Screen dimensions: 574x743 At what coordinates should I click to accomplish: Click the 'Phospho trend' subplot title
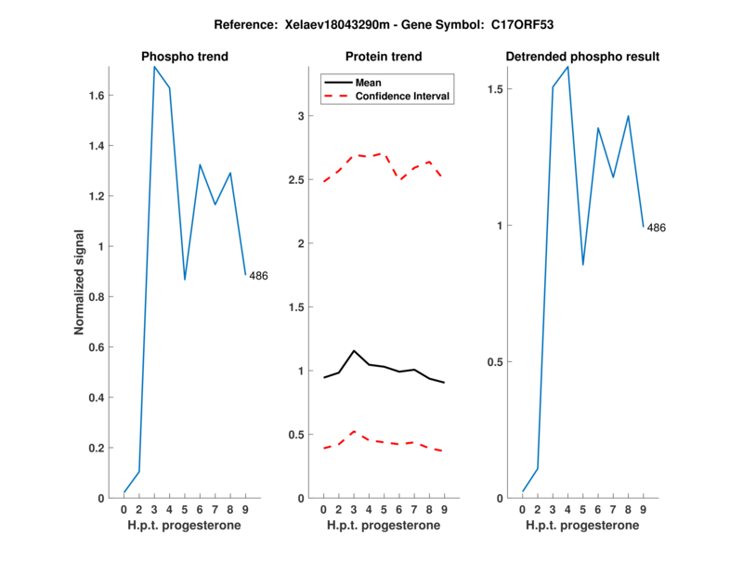tap(185, 57)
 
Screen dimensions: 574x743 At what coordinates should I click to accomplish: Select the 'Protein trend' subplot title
tap(384, 57)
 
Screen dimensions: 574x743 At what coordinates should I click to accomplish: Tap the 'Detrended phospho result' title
tap(582, 57)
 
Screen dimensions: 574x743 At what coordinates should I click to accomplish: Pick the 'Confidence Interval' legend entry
tap(403, 96)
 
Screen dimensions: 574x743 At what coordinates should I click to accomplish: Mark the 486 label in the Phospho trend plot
tap(258, 276)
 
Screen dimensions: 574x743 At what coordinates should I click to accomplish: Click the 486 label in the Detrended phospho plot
tap(657, 228)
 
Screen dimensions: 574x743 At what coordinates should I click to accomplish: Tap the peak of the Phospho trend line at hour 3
tap(155, 67)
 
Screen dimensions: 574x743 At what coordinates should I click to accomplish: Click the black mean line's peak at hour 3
tap(354, 351)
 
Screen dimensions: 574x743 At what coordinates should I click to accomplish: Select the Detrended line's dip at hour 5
tap(583, 265)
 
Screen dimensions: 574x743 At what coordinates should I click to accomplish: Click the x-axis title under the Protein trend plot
tap(384, 526)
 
